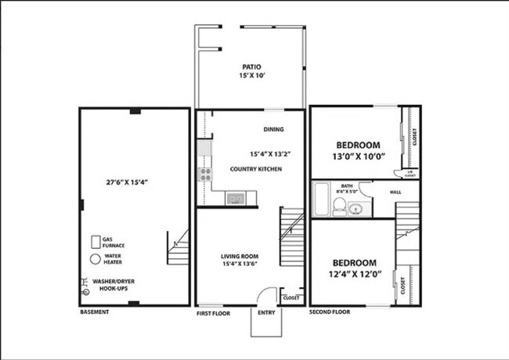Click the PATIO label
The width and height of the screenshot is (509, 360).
pyautogui.click(x=251, y=67)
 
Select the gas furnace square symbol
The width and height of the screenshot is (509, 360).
pyautogui.click(x=95, y=241)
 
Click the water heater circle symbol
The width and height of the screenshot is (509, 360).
pyautogui.click(x=95, y=258)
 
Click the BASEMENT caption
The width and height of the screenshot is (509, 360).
pyautogui.click(x=95, y=312)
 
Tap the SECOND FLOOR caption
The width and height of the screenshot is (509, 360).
pyautogui.click(x=330, y=312)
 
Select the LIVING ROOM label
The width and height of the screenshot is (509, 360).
pyautogui.click(x=240, y=257)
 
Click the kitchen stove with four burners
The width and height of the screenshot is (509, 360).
pyautogui.click(x=205, y=175)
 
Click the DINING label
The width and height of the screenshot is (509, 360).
pyautogui.click(x=273, y=130)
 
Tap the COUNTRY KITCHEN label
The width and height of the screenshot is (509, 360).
pyautogui.click(x=255, y=169)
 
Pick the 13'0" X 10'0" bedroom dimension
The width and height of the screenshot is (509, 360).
pyautogui.click(x=358, y=157)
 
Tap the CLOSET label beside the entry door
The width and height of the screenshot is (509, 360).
pyautogui.click(x=291, y=298)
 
